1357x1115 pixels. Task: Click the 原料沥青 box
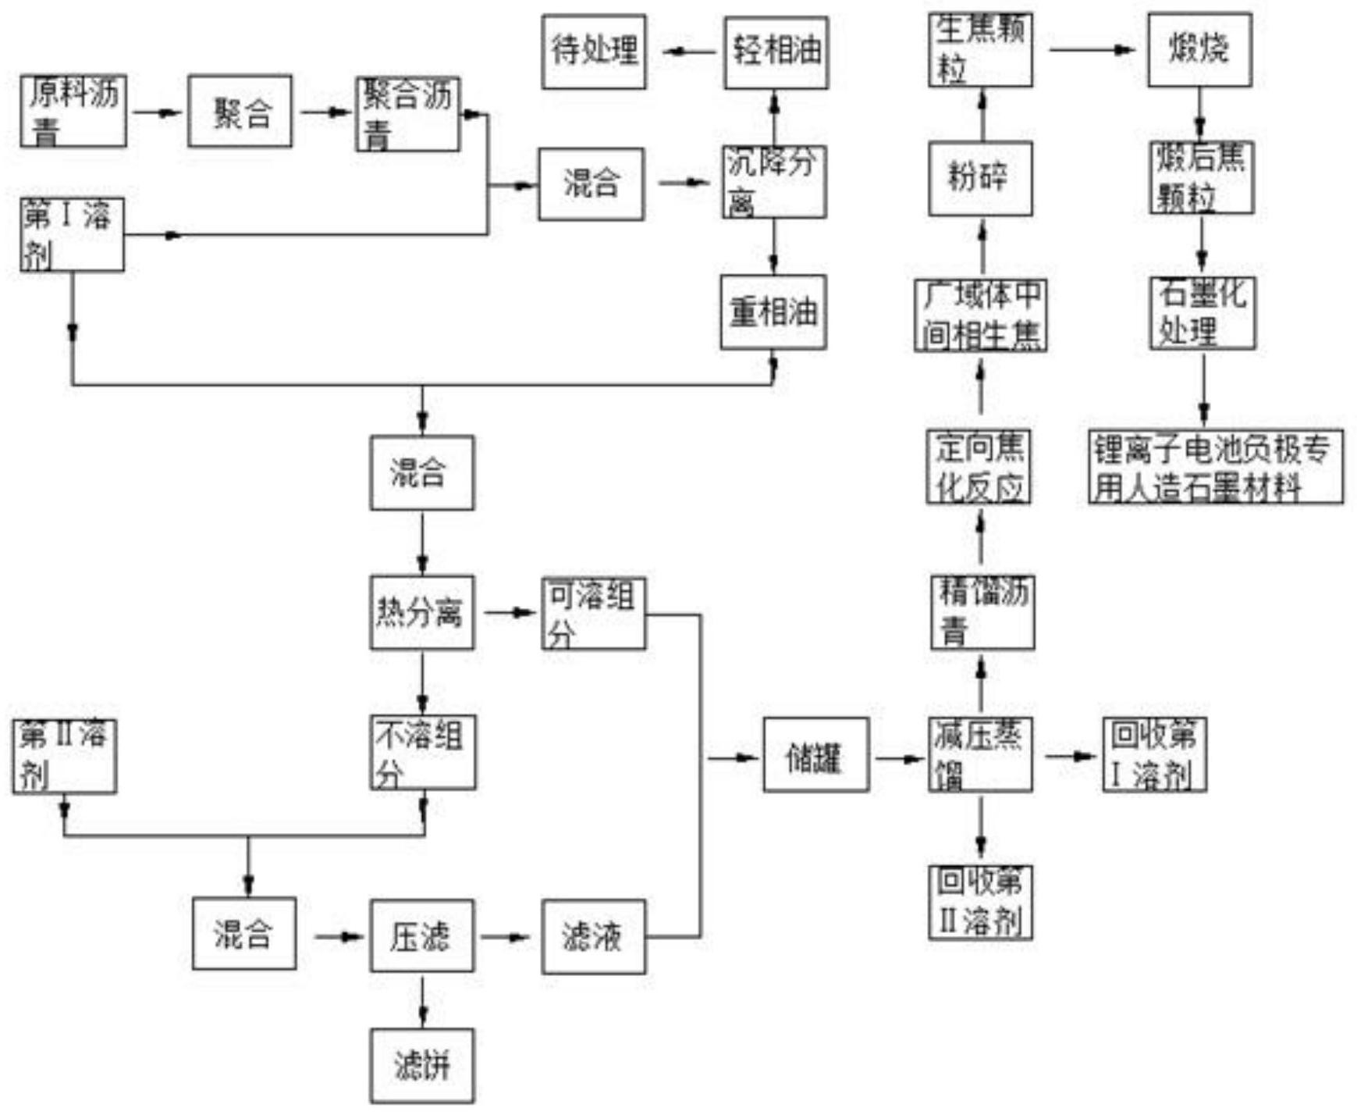point(73,111)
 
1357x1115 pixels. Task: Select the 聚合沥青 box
point(407,114)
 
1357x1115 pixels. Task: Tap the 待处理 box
point(594,52)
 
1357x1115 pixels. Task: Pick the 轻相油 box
point(776,52)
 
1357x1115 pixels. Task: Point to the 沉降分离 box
point(773,182)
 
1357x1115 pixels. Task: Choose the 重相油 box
point(773,312)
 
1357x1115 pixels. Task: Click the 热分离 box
point(421,612)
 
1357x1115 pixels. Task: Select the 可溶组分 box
point(594,614)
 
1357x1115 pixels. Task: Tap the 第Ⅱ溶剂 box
point(65,757)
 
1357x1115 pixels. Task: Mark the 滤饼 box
point(421,1065)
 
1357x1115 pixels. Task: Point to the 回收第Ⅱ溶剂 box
point(980,902)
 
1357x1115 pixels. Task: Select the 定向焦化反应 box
point(979,466)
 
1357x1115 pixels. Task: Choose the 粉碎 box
point(980,179)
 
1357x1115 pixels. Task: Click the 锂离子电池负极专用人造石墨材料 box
point(1215,467)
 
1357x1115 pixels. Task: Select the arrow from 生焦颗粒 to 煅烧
point(1090,50)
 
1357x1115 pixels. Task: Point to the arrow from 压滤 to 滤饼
point(422,1000)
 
